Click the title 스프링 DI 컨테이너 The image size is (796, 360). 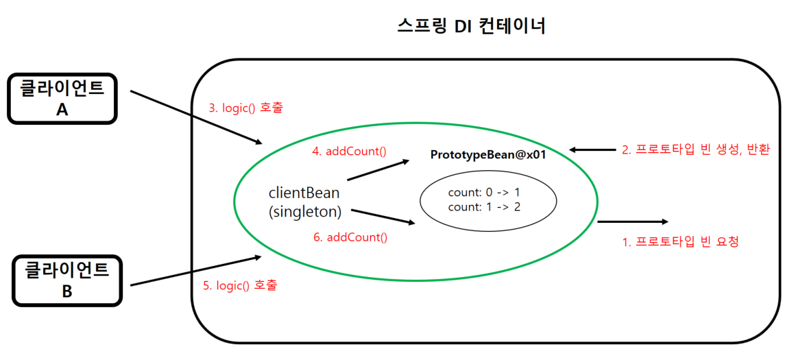point(472,26)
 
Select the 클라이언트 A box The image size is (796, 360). point(62,99)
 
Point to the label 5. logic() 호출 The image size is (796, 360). point(241,285)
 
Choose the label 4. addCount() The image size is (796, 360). point(348,151)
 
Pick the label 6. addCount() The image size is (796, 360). point(350,237)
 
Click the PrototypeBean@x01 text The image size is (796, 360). point(488,155)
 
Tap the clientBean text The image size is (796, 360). point(304,193)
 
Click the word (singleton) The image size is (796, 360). point(304,211)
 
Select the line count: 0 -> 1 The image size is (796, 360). point(484,193)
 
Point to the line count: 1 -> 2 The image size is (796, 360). point(484,207)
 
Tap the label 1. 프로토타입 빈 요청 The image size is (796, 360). point(680,241)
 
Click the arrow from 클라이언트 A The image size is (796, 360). point(197,117)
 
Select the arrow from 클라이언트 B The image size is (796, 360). point(196,271)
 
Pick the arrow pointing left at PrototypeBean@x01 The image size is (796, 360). point(592,149)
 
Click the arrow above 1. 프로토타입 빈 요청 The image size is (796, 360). point(633,222)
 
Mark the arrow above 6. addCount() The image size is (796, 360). point(384,216)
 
